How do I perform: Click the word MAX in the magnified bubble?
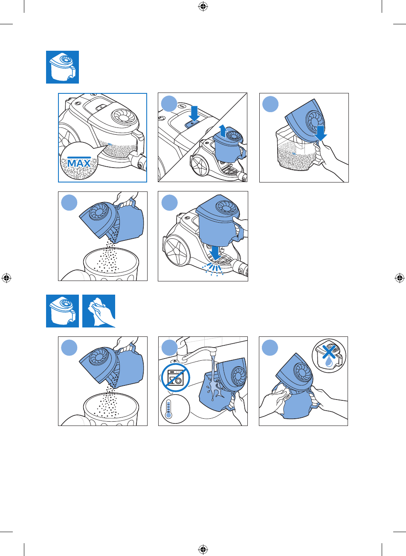pos(79,163)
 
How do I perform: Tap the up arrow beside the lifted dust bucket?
pos(223,131)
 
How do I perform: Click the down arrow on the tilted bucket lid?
pos(321,133)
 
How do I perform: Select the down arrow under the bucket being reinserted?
pos(215,253)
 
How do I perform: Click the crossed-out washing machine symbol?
pos(176,378)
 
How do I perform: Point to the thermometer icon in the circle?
pos(168,409)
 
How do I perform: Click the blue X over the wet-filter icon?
pos(329,352)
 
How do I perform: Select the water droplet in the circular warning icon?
pos(328,363)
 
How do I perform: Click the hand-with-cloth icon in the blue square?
pos(99,311)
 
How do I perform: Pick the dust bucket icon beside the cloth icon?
pos(63,311)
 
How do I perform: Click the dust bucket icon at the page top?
pos(63,67)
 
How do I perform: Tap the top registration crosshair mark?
pos(203,7)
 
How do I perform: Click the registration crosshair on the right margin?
pos(399,278)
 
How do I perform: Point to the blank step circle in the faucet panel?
pos(170,348)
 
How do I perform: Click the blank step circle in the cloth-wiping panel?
pos(270,348)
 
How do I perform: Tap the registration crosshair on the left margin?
pos(6,278)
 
